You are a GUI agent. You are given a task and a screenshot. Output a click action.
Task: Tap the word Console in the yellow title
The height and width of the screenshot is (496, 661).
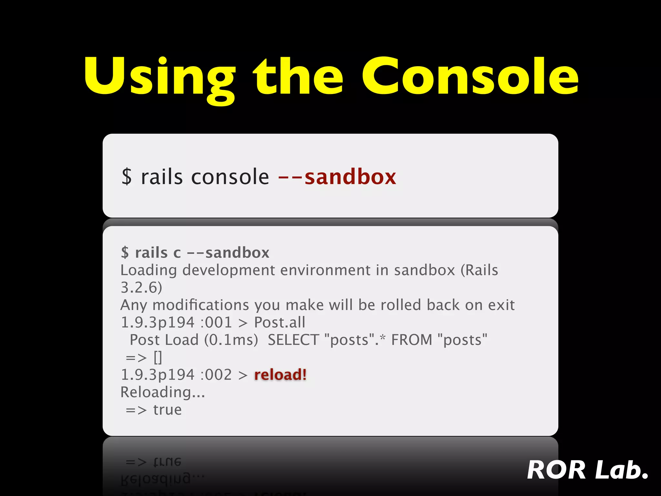(x=470, y=76)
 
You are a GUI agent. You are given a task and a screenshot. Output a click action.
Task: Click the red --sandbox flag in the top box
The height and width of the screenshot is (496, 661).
(x=337, y=177)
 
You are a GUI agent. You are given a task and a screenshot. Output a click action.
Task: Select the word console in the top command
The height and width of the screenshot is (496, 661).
(x=230, y=177)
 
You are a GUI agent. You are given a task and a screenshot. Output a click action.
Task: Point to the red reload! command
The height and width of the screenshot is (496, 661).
(x=280, y=375)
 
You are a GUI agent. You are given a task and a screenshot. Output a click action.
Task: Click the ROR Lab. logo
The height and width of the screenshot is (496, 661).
(x=587, y=470)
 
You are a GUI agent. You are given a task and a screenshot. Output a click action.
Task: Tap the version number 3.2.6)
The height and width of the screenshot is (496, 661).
(x=141, y=287)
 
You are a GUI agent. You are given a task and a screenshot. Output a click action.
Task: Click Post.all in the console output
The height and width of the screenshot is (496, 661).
(x=280, y=322)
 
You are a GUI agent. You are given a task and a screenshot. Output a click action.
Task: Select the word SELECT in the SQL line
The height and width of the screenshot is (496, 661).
(x=293, y=340)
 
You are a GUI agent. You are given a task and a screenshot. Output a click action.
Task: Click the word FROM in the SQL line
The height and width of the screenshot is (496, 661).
(x=411, y=340)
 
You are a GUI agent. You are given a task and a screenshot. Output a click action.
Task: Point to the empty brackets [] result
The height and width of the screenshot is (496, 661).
(x=158, y=357)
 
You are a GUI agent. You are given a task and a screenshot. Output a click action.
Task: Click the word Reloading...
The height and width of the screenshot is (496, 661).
(x=162, y=392)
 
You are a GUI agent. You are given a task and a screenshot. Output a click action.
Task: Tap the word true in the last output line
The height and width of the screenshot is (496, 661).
(x=168, y=410)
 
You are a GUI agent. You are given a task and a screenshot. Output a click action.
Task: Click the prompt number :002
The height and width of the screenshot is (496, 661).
(x=216, y=375)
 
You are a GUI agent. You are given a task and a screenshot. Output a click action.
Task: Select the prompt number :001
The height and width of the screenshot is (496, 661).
(x=216, y=322)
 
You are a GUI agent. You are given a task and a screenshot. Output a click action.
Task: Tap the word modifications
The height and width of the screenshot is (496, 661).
(x=200, y=305)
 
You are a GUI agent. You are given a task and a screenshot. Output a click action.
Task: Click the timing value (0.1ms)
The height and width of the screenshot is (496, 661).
(x=231, y=340)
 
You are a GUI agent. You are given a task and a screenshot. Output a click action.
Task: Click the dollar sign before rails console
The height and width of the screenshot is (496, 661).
(x=127, y=177)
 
